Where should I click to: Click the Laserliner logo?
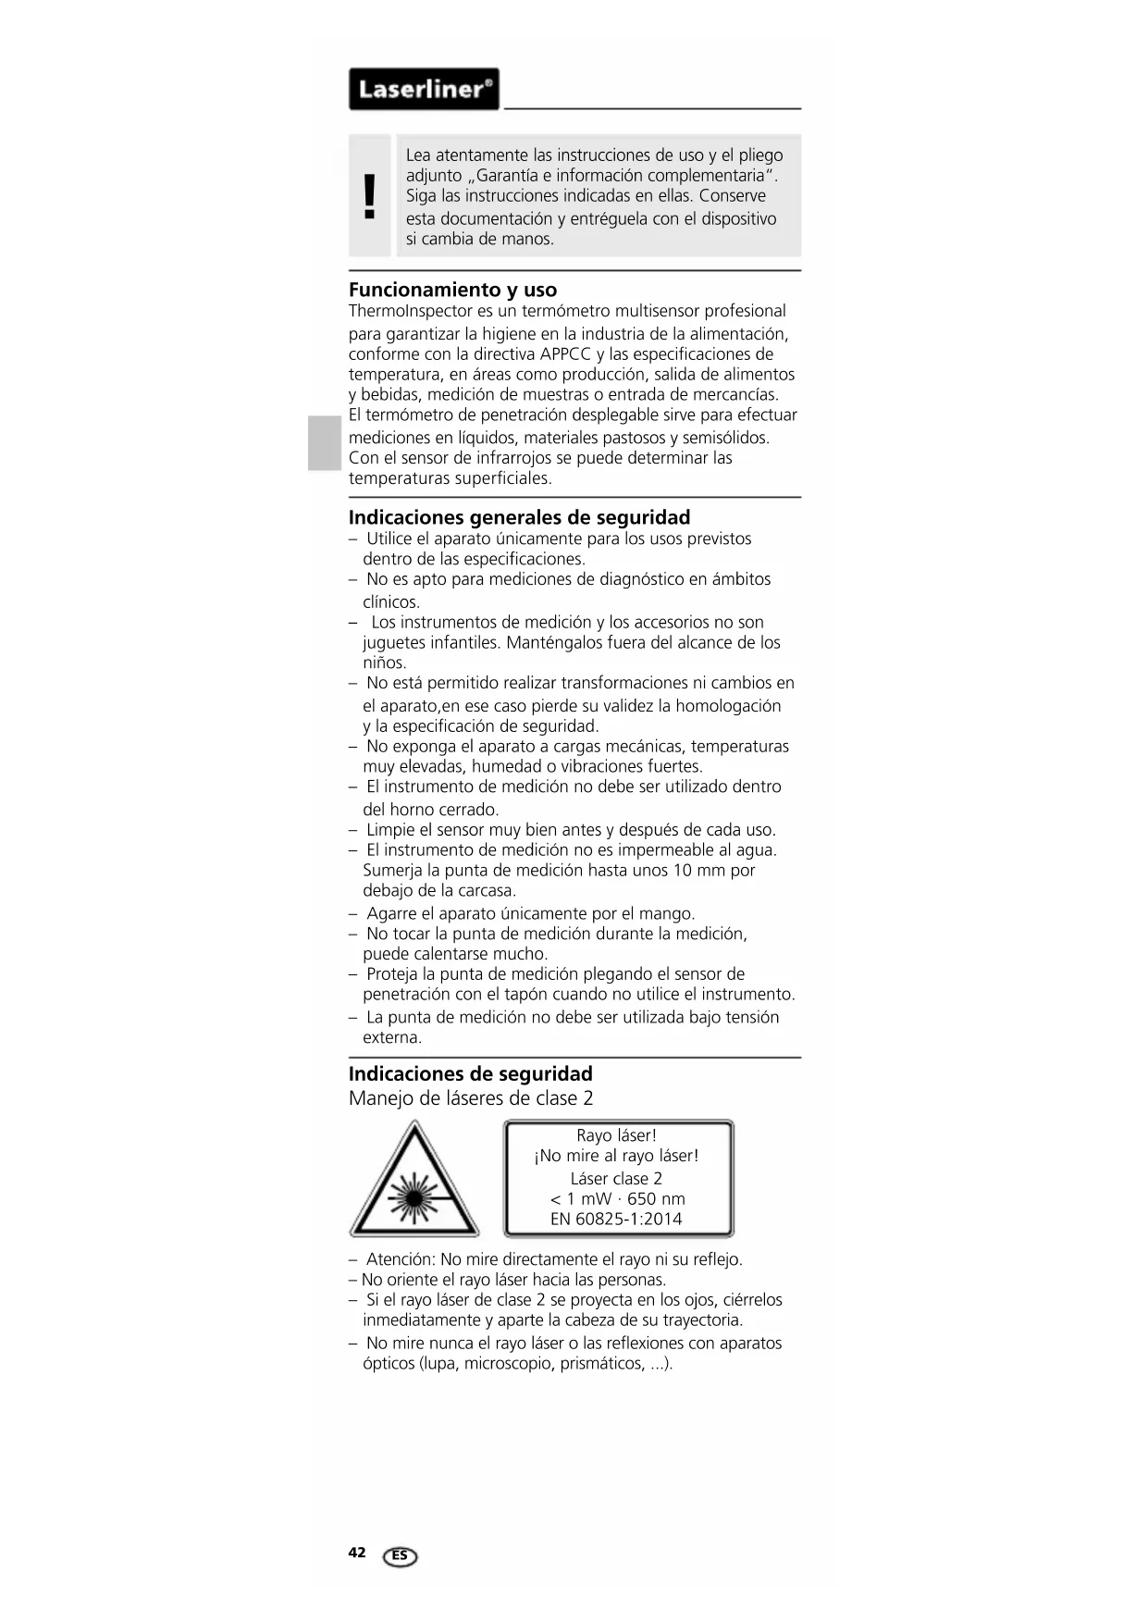coord(424,90)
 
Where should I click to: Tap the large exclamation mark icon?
coord(370,196)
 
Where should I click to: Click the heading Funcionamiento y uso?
coord(452,290)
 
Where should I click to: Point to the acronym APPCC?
coord(565,354)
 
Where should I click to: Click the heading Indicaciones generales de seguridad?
coord(519,517)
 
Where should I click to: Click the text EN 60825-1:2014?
coord(616,1219)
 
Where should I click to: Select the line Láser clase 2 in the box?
coord(616,1178)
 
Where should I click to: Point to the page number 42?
coord(357,1553)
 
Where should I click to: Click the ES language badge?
coord(400,1556)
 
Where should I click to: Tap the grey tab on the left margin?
coord(325,443)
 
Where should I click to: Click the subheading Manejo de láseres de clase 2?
coord(471,1098)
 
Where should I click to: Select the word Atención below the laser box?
coord(400,1259)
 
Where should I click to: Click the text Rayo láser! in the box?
coord(616,1135)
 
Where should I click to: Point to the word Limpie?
coord(389,830)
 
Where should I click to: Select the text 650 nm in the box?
coord(656,1198)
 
